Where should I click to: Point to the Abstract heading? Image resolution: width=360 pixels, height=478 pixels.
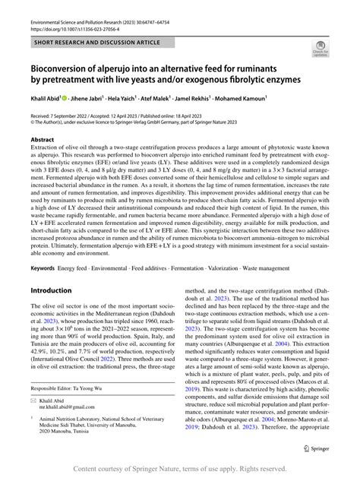(x=43, y=140)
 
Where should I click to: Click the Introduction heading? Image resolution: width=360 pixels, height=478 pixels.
(x=50, y=269)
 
